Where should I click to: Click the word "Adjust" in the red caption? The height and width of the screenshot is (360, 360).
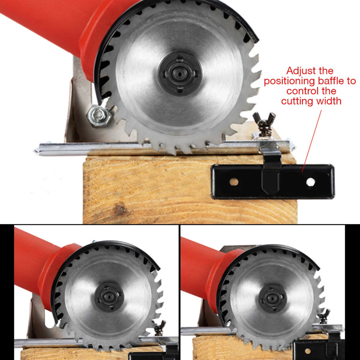298,71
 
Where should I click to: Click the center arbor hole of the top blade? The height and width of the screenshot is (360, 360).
179,73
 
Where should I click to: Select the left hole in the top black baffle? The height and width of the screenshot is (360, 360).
234,182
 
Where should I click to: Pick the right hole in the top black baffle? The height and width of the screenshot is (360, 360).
310,182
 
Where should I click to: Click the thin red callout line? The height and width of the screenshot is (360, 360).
312,141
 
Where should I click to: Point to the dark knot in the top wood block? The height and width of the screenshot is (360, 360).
120,209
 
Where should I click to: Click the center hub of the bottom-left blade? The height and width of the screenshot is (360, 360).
109,297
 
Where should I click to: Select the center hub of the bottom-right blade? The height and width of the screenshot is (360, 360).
272,298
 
